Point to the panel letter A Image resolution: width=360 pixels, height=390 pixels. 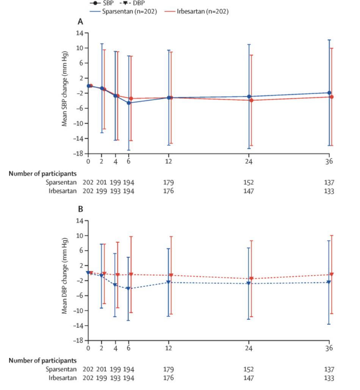click(x=80, y=22)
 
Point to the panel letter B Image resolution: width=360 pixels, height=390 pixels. click(x=80, y=209)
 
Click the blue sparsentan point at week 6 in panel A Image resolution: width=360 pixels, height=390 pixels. click(x=129, y=103)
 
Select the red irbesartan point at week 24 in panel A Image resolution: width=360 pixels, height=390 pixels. click(x=251, y=100)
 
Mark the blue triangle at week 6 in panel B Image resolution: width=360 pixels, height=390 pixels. click(x=128, y=289)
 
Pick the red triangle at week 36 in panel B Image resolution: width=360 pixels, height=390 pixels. click(x=332, y=274)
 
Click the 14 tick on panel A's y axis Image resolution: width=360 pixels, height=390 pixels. click(x=80, y=33)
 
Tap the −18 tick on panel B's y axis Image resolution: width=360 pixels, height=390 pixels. click(x=80, y=341)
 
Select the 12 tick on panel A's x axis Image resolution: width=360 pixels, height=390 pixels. click(x=169, y=160)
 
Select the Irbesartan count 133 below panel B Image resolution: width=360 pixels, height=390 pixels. click(x=329, y=378)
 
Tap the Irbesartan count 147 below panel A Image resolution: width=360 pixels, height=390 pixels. click(x=249, y=191)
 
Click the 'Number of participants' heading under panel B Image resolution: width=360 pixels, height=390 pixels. click(x=42, y=360)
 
